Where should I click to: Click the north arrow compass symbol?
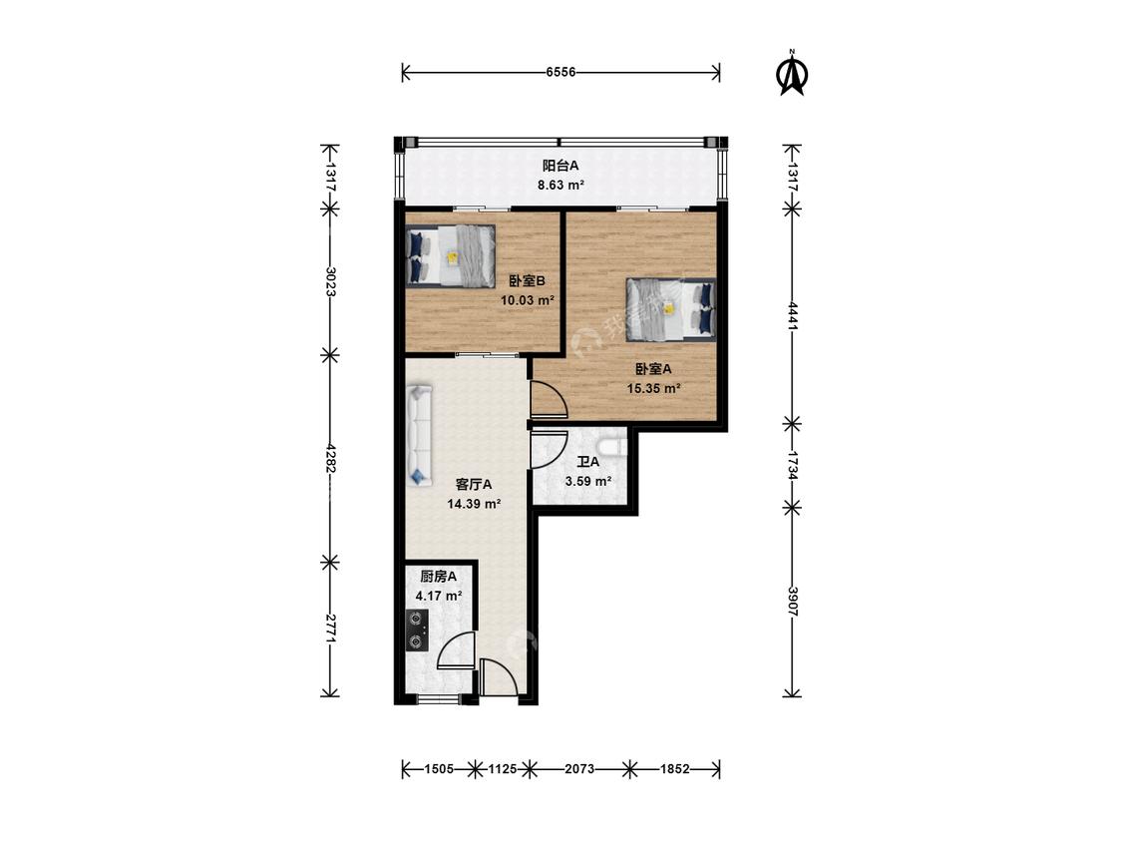[x=793, y=74]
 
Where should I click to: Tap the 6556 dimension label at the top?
[x=561, y=72]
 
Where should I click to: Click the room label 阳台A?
[x=561, y=167]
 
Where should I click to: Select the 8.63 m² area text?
[x=561, y=185]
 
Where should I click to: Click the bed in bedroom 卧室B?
[x=450, y=256]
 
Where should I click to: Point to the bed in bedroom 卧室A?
[x=671, y=308]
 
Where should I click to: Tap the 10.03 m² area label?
[x=528, y=300]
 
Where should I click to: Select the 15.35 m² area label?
[x=653, y=389]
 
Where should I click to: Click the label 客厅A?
[x=474, y=485]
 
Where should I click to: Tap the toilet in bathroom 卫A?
[x=613, y=443]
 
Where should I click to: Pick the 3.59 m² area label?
[x=588, y=481]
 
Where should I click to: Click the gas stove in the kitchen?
[x=417, y=631]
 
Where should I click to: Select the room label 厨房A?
[x=439, y=577]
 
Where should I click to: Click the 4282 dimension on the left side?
[x=330, y=457]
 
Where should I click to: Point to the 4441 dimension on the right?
[x=792, y=315]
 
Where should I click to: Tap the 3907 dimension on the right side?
[x=792, y=602]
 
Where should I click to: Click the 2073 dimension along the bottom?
[x=579, y=769]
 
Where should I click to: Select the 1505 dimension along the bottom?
[x=439, y=769]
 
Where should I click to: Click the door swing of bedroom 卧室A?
[x=549, y=399]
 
